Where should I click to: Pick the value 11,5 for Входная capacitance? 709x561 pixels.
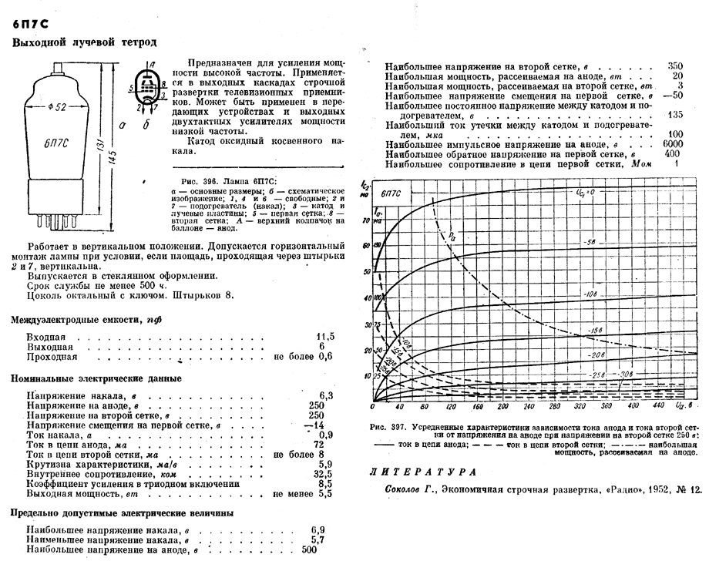coord(326,338)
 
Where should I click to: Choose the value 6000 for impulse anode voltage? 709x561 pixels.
coord(673,144)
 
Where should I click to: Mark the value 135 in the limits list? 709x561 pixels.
coord(676,115)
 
